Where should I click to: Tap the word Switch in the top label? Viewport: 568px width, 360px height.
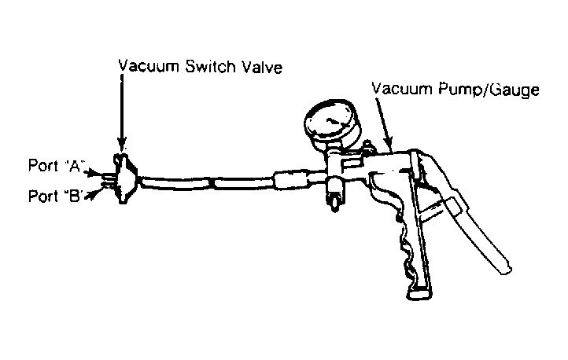(x=207, y=65)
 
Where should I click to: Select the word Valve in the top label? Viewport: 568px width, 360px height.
(x=260, y=65)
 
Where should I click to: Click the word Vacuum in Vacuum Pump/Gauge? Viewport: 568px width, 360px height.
(x=400, y=90)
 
